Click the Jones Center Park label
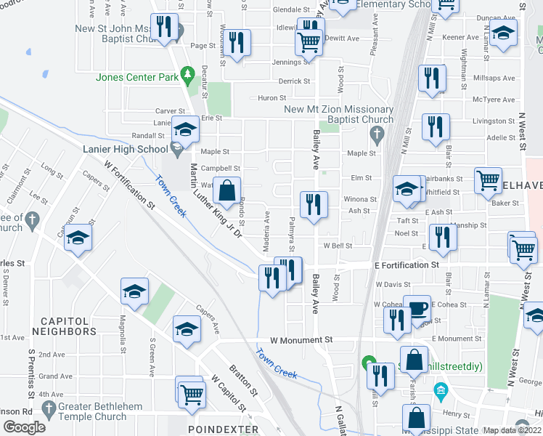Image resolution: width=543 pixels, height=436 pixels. pos(137,77)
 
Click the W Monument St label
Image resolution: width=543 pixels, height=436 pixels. pos(301,339)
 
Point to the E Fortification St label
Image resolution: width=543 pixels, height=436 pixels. pos(407,266)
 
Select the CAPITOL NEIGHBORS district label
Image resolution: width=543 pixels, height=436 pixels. pos(68,326)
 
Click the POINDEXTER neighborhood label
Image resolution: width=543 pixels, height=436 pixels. pos(223,429)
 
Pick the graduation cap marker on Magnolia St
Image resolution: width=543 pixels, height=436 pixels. pos(134,291)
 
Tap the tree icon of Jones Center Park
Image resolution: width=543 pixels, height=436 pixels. pos(187,73)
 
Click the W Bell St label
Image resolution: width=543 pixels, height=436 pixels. pos(338,246)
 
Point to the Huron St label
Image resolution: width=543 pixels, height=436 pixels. pos(272,97)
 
